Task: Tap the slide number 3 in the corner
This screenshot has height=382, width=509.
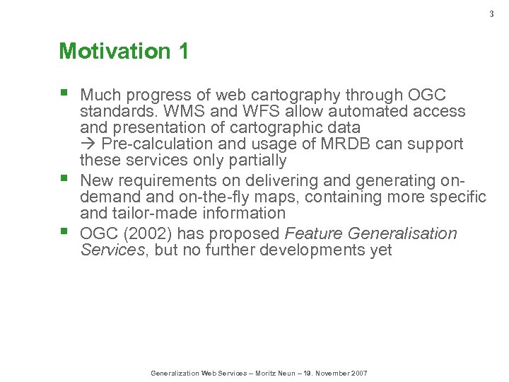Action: (x=492, y=13)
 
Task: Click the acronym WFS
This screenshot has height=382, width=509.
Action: (x=262, y=111)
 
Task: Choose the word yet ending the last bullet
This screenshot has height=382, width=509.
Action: (x=380, y=250)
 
